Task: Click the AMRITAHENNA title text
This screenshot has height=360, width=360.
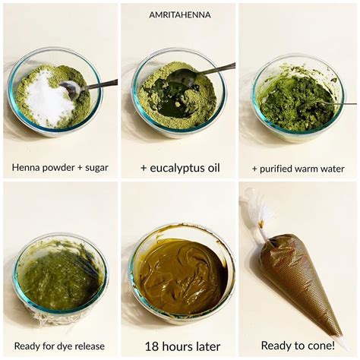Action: (180, 15)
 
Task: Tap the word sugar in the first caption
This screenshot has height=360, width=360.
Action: (96, 168)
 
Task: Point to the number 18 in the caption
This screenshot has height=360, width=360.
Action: (151, 346)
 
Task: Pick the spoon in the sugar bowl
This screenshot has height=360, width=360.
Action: (86, 87)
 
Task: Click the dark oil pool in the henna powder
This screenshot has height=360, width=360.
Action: (175, 97)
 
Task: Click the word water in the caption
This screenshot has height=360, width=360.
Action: (332, 169)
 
